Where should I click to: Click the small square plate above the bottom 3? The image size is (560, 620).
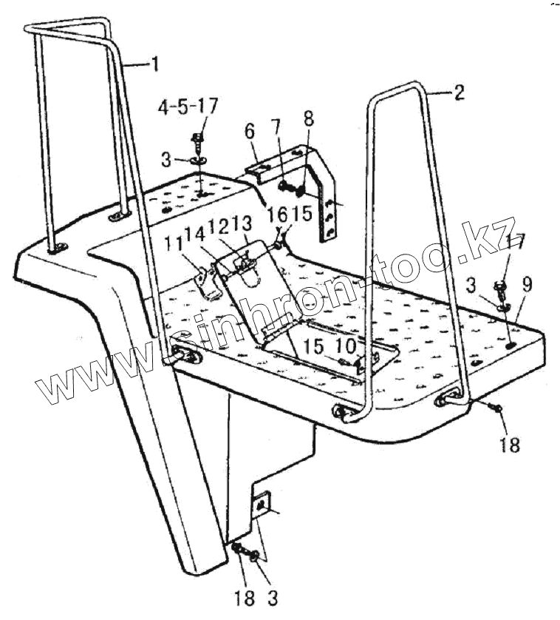tap(260, 503)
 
